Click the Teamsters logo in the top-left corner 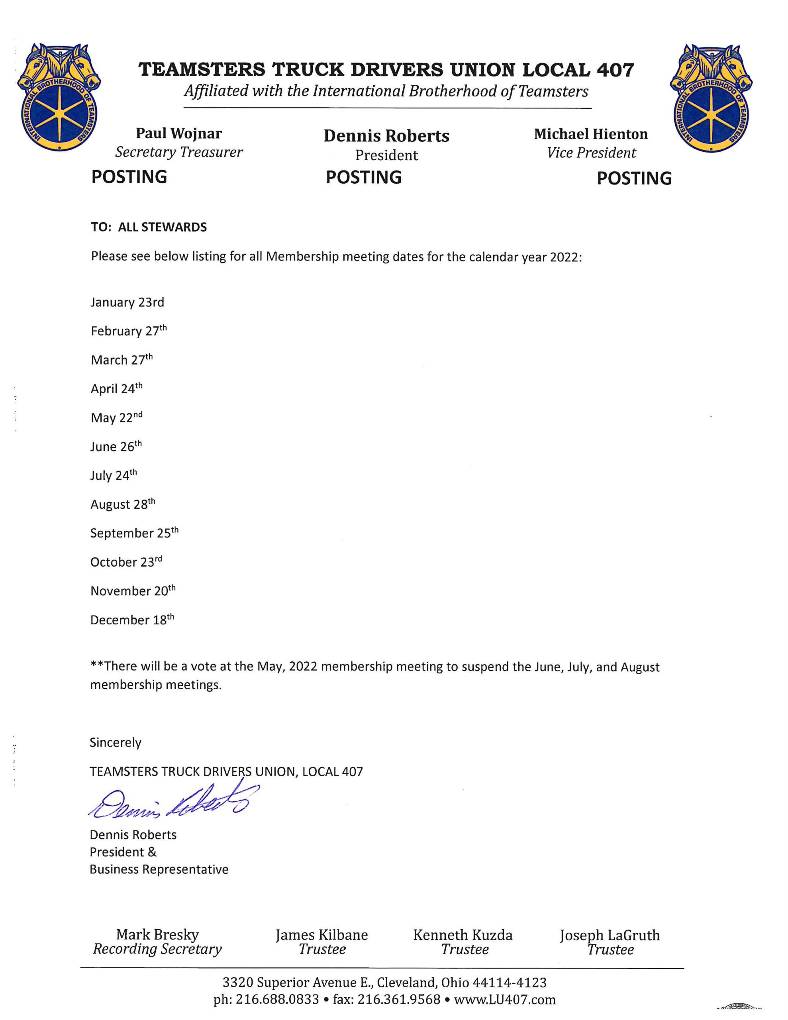click(59, 98)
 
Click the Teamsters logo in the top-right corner click(710, 98)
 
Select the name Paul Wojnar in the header click(179, 133)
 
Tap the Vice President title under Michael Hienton click(591, 153)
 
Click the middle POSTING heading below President click(363, 177)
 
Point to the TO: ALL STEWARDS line click(149, 228)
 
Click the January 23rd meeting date click(127, 303)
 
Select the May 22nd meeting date click(116, 418)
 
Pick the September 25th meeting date click(134, 533)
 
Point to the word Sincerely click(116, 743)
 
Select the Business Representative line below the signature click(159, 870)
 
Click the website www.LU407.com click(504, 999)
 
